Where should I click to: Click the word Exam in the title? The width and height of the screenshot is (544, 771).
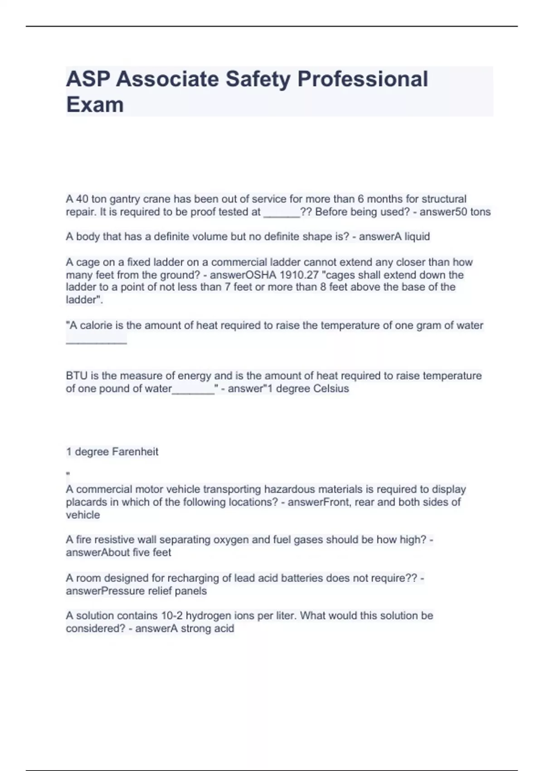95,104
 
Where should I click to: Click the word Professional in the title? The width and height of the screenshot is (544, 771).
363,79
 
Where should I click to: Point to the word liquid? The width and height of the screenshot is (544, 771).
417,237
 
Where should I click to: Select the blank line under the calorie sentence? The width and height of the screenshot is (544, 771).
96,342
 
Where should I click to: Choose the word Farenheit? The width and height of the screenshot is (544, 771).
135,452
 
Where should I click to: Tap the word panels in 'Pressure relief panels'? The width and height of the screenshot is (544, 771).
192,591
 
